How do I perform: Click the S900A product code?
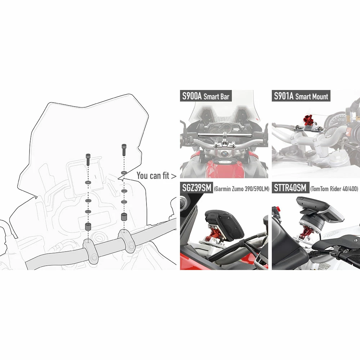coord(192,96)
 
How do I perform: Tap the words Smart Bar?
coord(216,96)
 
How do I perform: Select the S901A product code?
coord(284,96)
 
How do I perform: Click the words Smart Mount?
coord(312,96)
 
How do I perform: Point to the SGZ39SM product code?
coord(197,188)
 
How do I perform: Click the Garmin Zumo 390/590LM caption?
coord(242,189)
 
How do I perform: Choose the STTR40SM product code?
coord(290,188)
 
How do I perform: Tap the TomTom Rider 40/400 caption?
coord(334,189)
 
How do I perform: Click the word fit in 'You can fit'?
coord(166,176)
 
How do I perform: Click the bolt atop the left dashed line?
coord(88,159)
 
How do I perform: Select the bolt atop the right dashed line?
coord(124,150)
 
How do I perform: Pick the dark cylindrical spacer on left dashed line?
coord(88,226)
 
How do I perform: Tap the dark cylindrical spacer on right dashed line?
coord(124,217)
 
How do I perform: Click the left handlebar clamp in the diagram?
coord(91,251)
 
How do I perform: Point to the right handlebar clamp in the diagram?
coord(126,241)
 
